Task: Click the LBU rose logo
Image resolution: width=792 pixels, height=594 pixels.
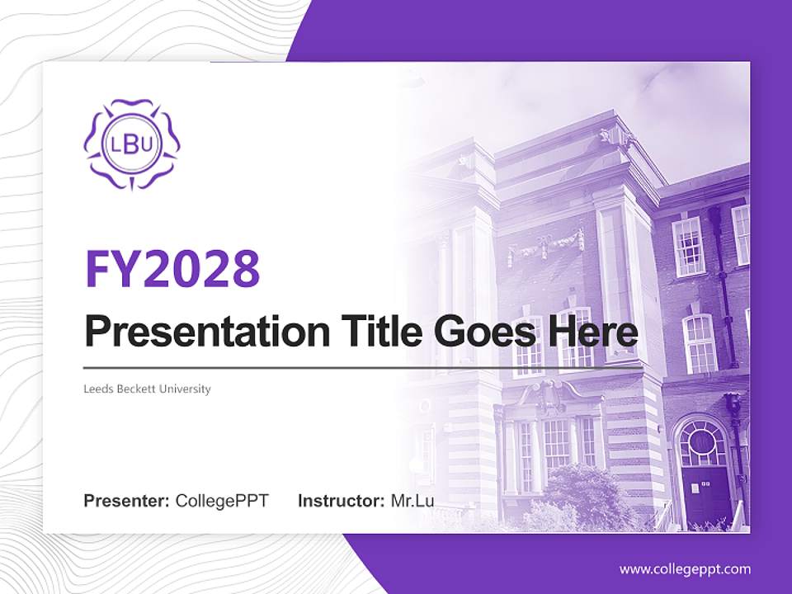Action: pos(132,144)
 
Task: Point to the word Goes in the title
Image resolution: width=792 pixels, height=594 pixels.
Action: pos(487,332)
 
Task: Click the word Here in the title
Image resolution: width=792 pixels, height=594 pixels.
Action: pos(596,332)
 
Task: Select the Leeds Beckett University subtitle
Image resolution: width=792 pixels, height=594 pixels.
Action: pos(148,389)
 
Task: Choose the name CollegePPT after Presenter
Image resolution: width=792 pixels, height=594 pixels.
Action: pos(222,501)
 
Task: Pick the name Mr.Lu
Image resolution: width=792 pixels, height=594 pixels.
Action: pos(412,501)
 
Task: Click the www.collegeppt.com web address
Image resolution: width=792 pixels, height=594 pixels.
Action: pos(685,568)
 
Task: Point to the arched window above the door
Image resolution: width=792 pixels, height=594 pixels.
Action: pos(702,443)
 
